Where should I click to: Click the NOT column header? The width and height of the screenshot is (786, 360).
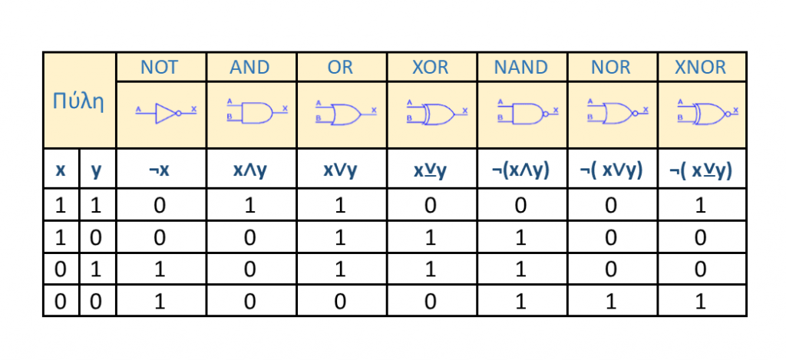160,68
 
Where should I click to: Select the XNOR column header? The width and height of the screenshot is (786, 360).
700,68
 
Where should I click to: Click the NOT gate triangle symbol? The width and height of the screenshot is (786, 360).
166,113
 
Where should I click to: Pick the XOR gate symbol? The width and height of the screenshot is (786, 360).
437,114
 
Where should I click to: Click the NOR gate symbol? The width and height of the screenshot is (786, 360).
618,114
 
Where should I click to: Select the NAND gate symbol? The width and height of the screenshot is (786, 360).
528,114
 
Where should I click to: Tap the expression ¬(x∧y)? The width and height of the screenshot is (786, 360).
520,170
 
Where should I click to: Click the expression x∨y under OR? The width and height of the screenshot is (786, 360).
340,170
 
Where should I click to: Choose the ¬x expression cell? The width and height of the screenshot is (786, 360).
160,170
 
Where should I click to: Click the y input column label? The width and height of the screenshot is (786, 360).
96,170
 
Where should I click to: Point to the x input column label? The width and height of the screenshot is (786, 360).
60,170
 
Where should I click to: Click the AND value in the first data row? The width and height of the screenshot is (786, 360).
249,206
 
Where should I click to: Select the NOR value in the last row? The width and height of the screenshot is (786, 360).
611,302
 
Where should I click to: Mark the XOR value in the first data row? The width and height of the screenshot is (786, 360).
431,206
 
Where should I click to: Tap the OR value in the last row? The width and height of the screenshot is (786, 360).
340,302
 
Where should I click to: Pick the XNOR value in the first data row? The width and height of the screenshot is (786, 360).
701,206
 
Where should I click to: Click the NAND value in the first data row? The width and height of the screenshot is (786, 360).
520,206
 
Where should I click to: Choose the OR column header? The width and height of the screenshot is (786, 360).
340,68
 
